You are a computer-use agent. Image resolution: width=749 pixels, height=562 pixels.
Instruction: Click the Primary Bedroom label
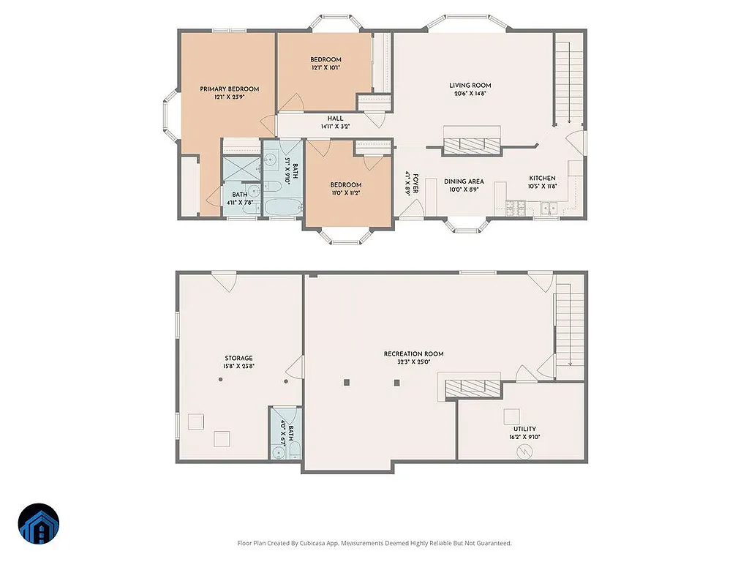pyautogui.click(x=229, y=89)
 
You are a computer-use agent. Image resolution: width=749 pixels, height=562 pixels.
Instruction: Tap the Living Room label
pyautogui.click(x=469, y=85)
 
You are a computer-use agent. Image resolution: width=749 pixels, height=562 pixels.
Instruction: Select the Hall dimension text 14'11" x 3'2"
pyautogui.click(x=336, y=127)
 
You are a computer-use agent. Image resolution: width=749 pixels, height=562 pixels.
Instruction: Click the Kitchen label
pyautogui.click(x=543, y=178)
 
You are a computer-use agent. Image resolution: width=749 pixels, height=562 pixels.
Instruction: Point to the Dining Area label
pyautogui.click(x=464, y=181)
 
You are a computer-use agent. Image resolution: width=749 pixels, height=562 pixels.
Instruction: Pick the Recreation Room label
pyautogui.click(x=413, y=353)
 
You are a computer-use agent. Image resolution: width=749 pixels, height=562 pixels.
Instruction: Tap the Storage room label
pyautogui.click(x=238, y=358)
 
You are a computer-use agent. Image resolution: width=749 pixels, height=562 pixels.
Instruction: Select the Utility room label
pyautogui.click(x=524, y=429)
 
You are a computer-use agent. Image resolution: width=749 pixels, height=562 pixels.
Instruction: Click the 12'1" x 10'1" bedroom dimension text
pyautogui.click(x=325, y=67)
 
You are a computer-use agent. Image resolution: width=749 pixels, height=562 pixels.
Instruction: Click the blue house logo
pyautogui.click(x=39, y=524)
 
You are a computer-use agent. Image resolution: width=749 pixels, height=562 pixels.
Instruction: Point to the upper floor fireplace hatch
pyautogui.click(x=472, y=146)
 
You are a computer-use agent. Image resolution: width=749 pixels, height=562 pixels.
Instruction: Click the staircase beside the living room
pyautogui.click(x=564, y=83)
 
